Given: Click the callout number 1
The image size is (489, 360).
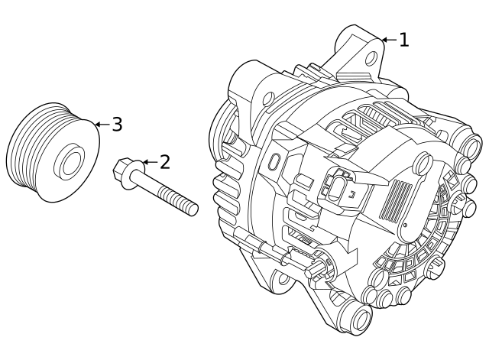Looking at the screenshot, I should point(403,40).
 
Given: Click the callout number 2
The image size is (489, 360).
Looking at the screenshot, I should point(164,161).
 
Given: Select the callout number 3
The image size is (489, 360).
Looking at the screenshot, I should point(116,124).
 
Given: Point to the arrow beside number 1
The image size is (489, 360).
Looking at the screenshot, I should point(387,40).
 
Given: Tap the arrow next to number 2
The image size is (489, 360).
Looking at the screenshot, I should point(148,162).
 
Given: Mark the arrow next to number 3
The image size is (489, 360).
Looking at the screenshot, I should point(101,124).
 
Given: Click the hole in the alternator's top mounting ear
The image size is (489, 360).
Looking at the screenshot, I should point(372,57).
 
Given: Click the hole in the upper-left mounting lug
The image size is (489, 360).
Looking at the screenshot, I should point(268,99).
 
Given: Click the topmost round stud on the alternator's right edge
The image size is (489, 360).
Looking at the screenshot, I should point(471,144).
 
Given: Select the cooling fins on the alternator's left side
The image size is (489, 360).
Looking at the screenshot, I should point(227,191).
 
